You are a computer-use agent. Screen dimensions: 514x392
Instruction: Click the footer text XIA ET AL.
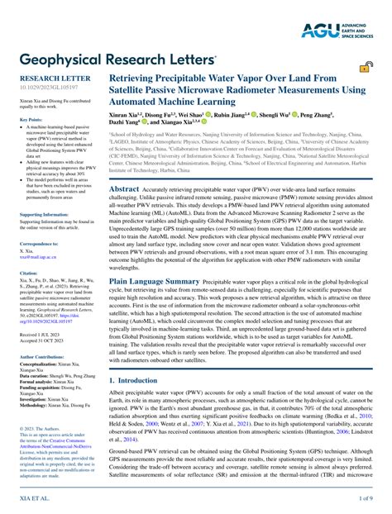[x=32, y=499]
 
